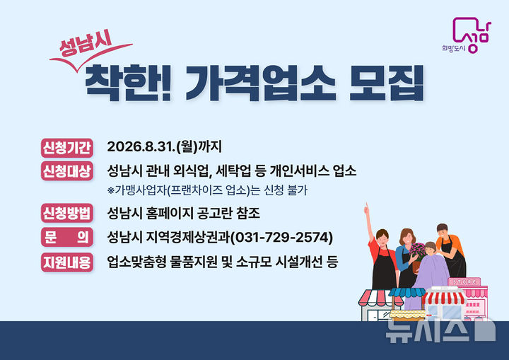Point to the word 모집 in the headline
point(387,83)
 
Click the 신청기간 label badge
point(67,147)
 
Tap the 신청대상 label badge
point(67,171)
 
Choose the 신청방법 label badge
point(67,212)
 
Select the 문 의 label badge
point(67,236)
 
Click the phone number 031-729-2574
point(283,236)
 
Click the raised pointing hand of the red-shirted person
point(366,209)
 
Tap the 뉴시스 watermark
point(438,329)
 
